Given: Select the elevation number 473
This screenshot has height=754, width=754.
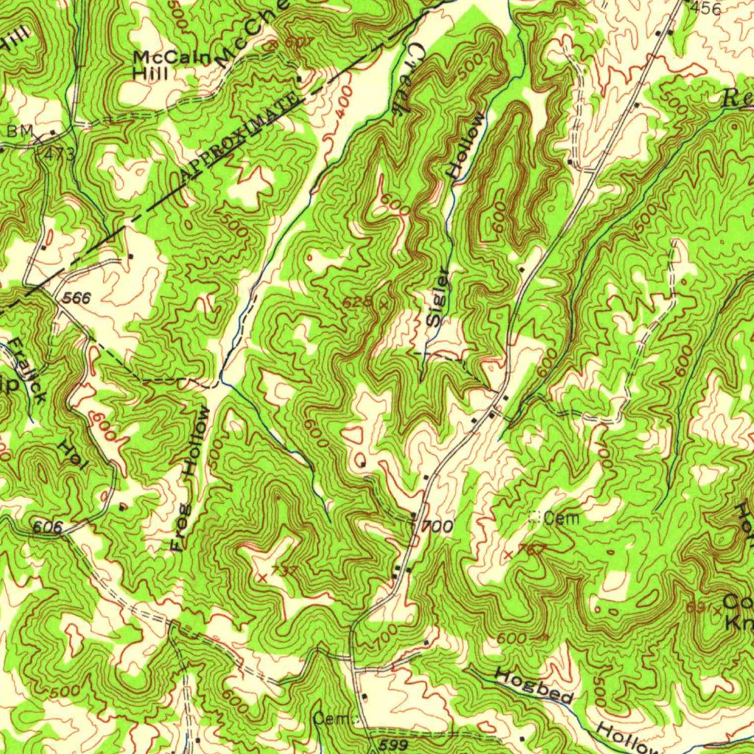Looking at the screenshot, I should tap(60, 154).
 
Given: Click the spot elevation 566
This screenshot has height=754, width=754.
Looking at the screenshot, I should tap(76, 297).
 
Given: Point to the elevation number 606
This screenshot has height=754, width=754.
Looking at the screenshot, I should tap(47, 526).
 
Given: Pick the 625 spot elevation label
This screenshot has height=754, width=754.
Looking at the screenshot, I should tap(359, 303).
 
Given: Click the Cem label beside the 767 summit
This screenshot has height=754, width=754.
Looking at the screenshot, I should tap(563, 518).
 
